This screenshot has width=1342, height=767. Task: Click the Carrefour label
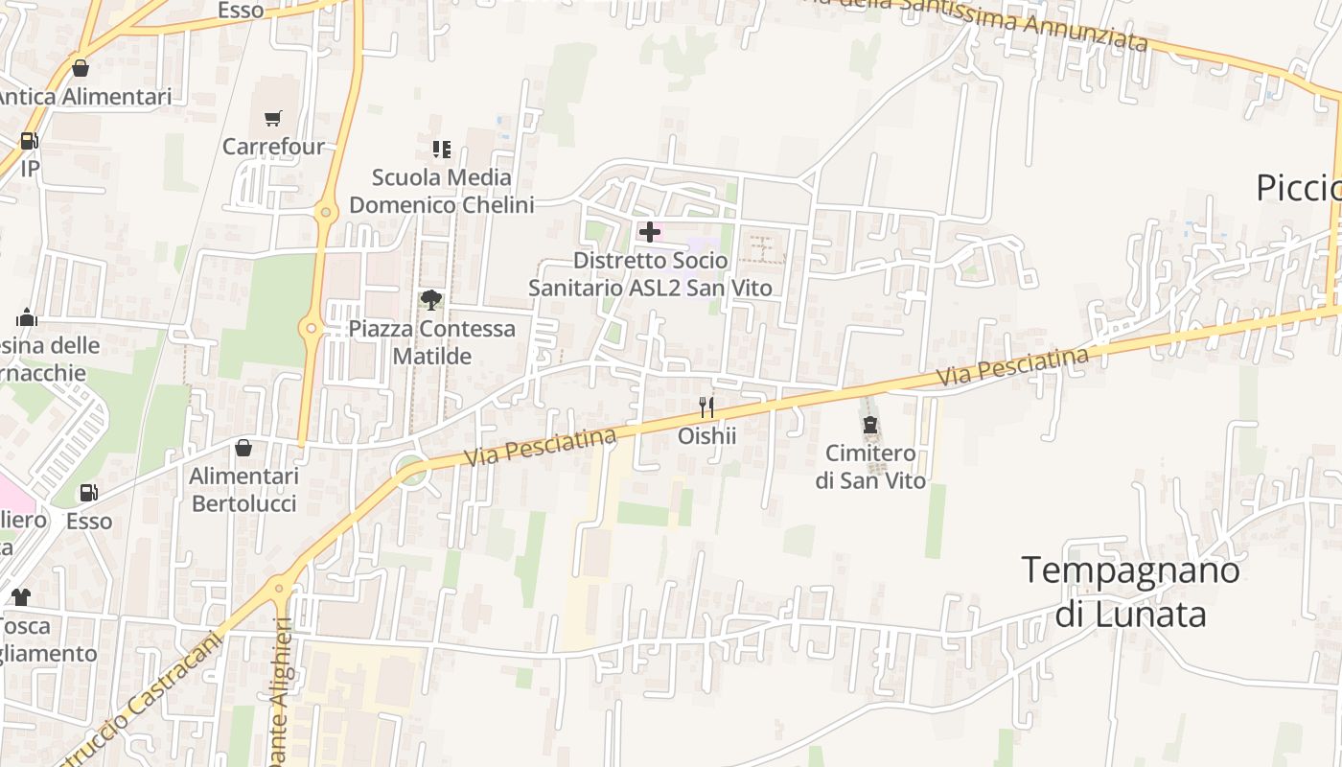pos(273,147)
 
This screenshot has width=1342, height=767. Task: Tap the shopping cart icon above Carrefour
pos(273,119)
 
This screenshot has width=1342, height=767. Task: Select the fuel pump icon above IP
pos(29,141)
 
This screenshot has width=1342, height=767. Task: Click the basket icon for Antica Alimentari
pos(81,68)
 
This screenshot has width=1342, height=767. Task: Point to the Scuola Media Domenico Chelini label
pos(441,191)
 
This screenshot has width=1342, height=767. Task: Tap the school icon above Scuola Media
pos(441,149)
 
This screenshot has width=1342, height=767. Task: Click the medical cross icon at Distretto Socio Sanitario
pos(650,232)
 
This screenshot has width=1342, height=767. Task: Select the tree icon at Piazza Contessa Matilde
pos(431,300)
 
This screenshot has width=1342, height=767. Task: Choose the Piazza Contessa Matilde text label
pos(431,342)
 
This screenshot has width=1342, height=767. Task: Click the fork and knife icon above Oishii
pos(706,407)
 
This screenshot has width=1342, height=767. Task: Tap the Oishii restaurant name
pos(706,436)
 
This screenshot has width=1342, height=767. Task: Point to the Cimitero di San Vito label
pos(870,467)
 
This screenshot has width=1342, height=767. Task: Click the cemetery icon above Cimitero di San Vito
pos(870,425)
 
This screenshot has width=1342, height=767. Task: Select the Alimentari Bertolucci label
pos(243,490)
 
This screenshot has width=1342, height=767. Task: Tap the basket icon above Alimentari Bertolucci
pos(243,448)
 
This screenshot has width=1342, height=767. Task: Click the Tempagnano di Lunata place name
pos(1130,592)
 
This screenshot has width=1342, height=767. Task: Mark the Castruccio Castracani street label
pos(144,700)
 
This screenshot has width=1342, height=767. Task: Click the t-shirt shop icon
pos(20,597)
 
